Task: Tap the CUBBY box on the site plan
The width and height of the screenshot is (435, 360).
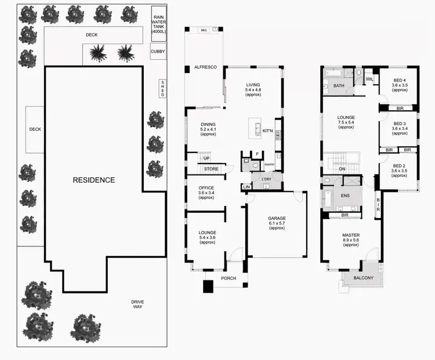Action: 157,52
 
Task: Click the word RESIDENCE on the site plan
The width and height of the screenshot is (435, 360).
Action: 93,180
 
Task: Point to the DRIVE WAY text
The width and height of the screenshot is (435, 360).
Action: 137,304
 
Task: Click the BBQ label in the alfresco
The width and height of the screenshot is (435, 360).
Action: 204,30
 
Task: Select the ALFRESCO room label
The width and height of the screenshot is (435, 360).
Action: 205,68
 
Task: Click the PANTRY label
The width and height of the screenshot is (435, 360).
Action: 269,165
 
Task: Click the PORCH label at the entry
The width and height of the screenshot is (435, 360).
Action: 229,278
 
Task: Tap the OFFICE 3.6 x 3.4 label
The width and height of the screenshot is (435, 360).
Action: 207,191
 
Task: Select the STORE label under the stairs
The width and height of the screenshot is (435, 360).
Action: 211,169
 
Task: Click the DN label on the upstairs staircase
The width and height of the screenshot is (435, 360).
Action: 342,169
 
